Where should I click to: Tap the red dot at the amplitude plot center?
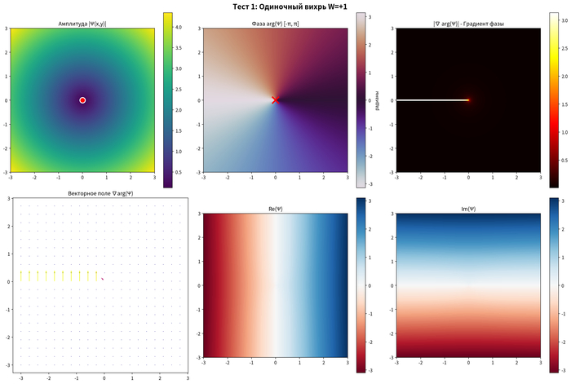[82, 100]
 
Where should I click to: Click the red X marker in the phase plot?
[276, 100]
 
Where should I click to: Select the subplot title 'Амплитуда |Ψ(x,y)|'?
[82, 24]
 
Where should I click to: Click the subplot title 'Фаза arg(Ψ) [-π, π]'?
[276, 24]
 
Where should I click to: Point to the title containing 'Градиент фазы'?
[468, 24]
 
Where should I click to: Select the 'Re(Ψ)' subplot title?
[276, 210]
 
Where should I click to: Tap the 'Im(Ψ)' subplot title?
[468, 210]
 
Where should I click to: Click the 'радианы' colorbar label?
[376, 100]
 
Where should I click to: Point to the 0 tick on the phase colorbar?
[373, 100]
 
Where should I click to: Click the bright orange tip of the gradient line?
[468, 100]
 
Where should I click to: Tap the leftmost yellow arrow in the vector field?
[21, 276]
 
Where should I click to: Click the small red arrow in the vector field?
[103, 280]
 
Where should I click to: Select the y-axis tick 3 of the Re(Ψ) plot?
[199, 214]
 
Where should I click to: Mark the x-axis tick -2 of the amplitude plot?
[34, 176]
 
